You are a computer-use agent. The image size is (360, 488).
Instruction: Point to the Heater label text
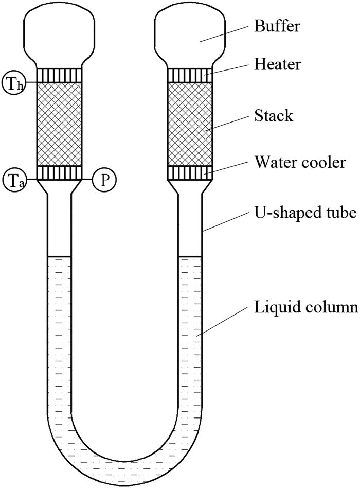click(x=277, y=64)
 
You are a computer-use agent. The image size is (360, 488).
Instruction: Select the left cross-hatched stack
click(x=59, y=124)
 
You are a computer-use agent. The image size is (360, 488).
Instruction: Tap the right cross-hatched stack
click(x=191, y=124)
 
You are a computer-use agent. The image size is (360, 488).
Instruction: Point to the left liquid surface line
click(x=59, y=256)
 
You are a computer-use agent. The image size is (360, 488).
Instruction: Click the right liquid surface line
click(x=191, y=256)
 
